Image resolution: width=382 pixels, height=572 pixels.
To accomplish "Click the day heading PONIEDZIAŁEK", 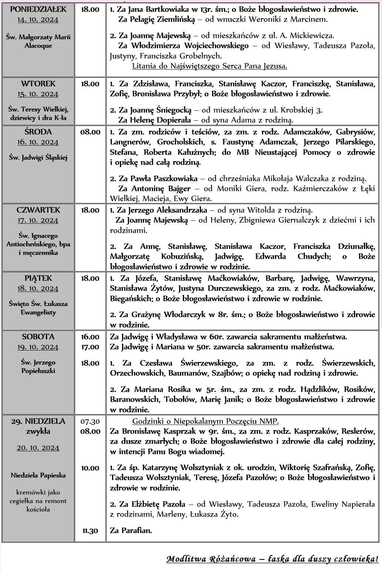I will pyautogui.click(x=38, y=9).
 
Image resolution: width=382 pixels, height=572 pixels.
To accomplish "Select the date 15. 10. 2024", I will pyautogui.click(x=38, y=94).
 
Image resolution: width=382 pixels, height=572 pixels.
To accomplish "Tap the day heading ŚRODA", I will pyautogui.click(x=38, y=132).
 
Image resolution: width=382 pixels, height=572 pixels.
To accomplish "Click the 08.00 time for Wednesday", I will pyautogui.click(x=90, y=132).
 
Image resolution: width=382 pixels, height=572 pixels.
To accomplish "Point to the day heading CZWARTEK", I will pyautogui.click(x=38, y=210).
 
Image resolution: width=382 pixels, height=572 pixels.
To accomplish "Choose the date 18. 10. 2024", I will pyautogui.click(x=38, y=289).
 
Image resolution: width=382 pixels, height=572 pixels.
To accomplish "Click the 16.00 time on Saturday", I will pyautogui.click(x=90, y=337).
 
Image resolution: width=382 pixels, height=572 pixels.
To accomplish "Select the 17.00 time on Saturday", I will pyautogui.click(x=90, y=347).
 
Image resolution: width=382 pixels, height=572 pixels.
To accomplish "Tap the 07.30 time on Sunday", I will pyautogui.click(x=90, y=421).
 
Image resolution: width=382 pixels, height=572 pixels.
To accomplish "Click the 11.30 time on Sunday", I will pyautogui.click(x=90, y=531).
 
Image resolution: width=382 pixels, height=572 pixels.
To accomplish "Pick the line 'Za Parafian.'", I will pyautogui.click(x=131, y=531).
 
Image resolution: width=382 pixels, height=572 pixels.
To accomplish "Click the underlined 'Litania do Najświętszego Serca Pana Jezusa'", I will pyautogui.click(x=210, y=66).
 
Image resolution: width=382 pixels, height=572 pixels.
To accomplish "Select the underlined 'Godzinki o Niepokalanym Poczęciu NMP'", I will pyautogui.click(x=205, y=421).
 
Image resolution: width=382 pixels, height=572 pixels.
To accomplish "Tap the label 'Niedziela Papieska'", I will pyautogui.click(x=38, y=475).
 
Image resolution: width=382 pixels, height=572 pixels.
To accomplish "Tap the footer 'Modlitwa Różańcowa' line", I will pyautogui.click(x=272, y=559).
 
